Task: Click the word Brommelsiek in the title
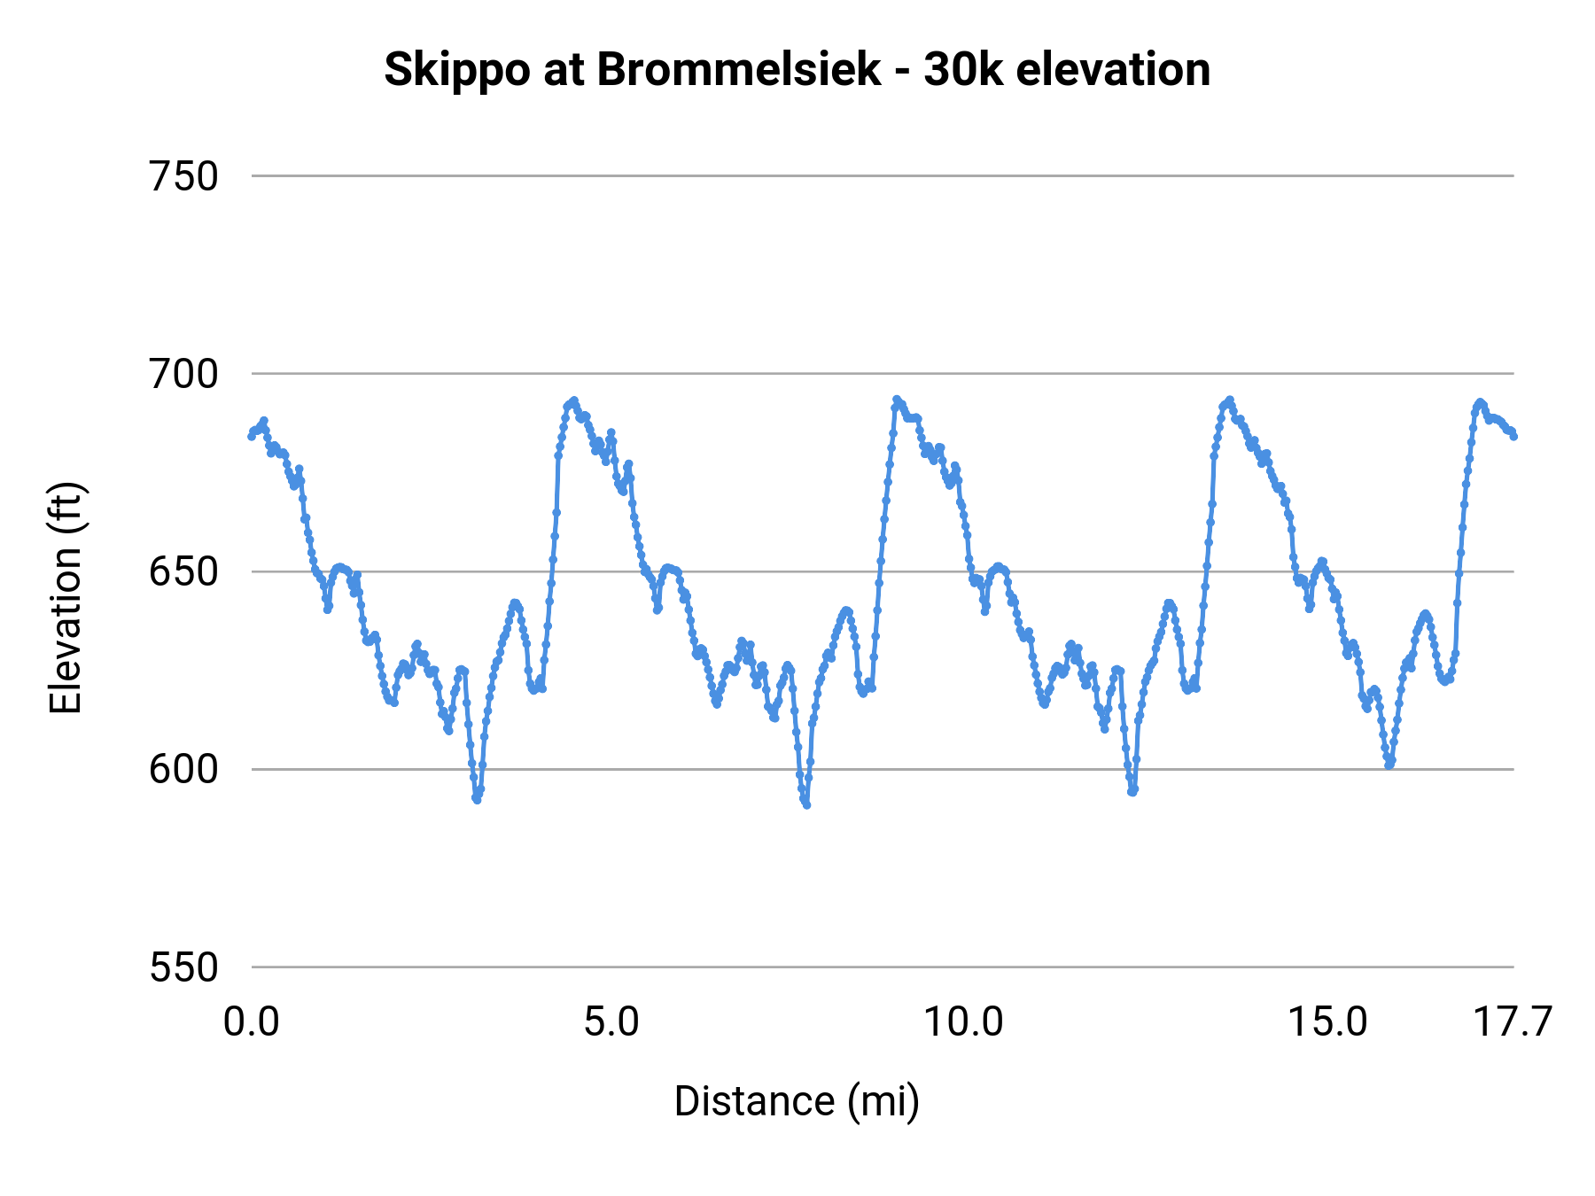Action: point(740,70)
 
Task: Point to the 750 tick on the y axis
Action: point(183,176)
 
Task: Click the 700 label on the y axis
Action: point(183,374)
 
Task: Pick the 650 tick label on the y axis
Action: point(183,571)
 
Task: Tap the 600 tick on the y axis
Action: point(183,769)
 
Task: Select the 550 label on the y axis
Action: point(183,967)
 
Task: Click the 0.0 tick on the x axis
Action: point(252,1022)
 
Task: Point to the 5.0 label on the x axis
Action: point(611,1022)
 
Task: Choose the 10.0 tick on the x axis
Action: point(963,1022)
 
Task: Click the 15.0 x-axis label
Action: point(1327,1022)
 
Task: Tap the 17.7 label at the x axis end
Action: point(1512,1022)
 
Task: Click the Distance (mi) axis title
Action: point(797,1101)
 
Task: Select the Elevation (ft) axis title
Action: point(66,598)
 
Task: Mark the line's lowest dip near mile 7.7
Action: point(806,804)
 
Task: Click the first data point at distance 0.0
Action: point(252,436)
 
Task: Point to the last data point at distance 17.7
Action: point(1513,436)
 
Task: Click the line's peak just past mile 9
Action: point(897,400)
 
